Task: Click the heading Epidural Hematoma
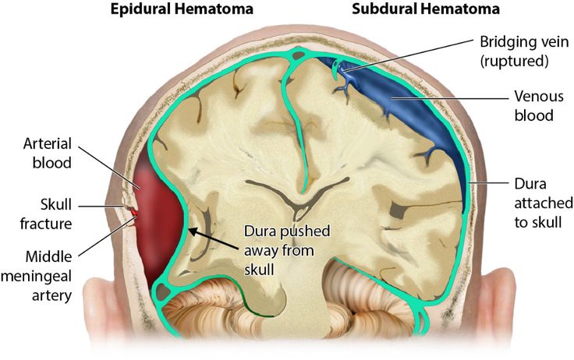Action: click(182, 9)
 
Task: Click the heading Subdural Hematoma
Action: click(426, 9)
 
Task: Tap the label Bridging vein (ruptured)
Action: click(524, 51)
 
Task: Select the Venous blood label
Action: click(539, 106)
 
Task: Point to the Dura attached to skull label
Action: click(544, 203)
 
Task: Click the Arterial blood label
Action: click(48, 154)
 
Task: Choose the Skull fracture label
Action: click(46, 214)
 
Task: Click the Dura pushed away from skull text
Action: click(287, 251)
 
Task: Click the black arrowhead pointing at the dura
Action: click(193, 231)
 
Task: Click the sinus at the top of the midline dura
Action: click(299, 55)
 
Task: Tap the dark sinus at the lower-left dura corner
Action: click(162, 291)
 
